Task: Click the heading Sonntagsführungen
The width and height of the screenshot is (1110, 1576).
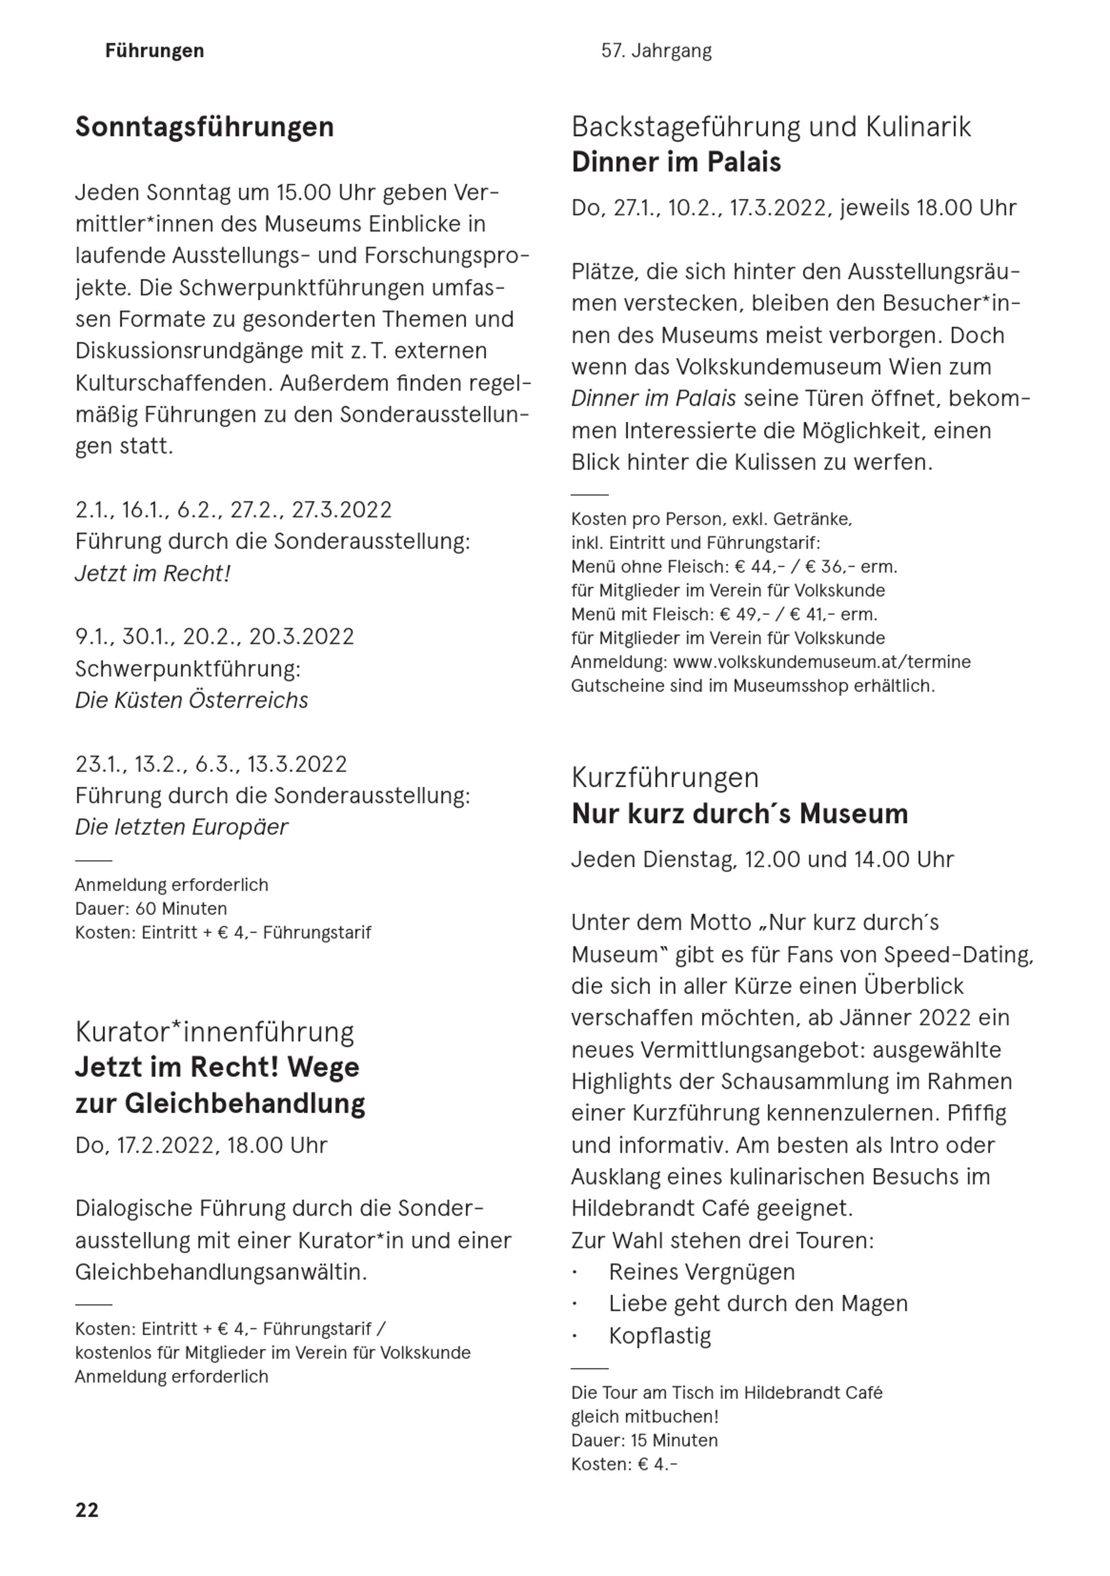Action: [205, 127]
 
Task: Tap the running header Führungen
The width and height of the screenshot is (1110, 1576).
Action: [154, 51]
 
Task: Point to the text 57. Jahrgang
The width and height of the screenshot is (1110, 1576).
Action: [656, 51]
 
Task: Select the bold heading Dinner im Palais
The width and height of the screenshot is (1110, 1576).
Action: [676, 163]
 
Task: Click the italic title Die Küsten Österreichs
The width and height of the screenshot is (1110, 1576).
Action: [191, 700]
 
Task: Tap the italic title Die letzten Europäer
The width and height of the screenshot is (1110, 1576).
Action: [181, 827]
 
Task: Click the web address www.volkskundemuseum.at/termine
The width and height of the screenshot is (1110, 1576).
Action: [822, 662]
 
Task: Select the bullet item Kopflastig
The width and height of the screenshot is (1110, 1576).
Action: [660, 1336]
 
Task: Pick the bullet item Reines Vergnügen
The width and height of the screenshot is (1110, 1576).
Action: [702, 1272]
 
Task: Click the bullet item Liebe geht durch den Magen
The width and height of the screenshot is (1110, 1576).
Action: [758, 1303]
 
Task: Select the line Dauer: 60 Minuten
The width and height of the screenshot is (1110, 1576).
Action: [151, 909]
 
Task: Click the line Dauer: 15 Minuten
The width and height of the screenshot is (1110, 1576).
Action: [644, 1440]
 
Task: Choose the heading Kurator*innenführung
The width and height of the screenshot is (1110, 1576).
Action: [215, 1033]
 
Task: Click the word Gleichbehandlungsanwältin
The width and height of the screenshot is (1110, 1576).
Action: [221, 1272]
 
